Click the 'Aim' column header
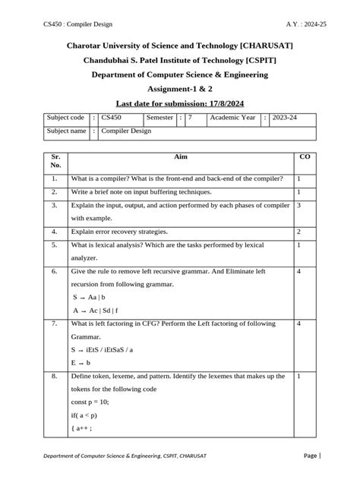[x=180, y=156]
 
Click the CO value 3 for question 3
[x=300, y=205]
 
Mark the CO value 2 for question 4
[x=300, y=231]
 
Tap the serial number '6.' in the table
[x=55, y=271]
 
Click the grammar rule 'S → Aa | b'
[x=89, y=298]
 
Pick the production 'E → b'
[x=83, y=364]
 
